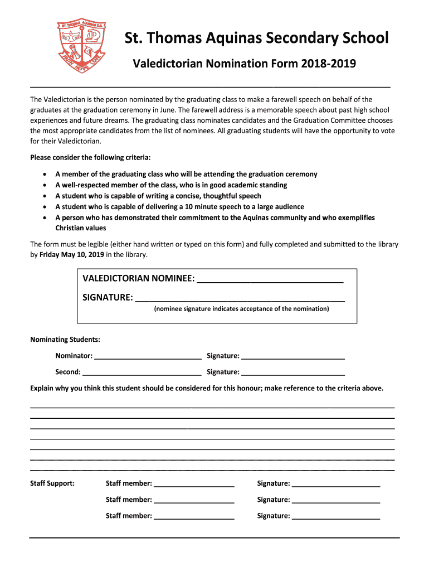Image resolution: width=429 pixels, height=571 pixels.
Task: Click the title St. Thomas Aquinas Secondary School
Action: (256, 38)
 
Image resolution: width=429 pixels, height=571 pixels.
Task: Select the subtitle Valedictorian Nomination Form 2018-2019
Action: (243, 64)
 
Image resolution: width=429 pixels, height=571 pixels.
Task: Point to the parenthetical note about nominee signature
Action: (241, 309)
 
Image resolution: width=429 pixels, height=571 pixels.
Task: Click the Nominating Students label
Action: (65, 340)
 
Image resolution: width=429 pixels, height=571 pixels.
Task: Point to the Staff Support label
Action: (52, 483)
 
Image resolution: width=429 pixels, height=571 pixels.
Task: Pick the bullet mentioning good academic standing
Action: (171, 185)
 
